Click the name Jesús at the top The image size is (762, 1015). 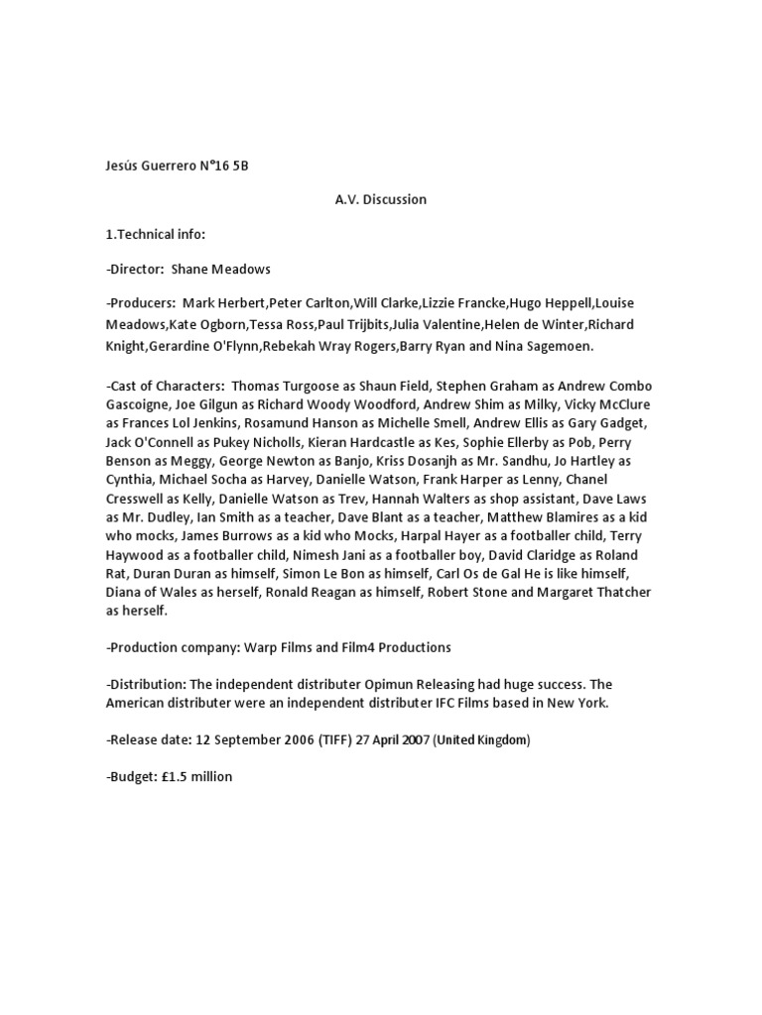coord(123,166)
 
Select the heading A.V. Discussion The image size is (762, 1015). coord(380,199)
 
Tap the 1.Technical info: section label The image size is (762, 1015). coord(155,234)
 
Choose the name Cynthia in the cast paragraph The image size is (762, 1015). coord(133,480)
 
